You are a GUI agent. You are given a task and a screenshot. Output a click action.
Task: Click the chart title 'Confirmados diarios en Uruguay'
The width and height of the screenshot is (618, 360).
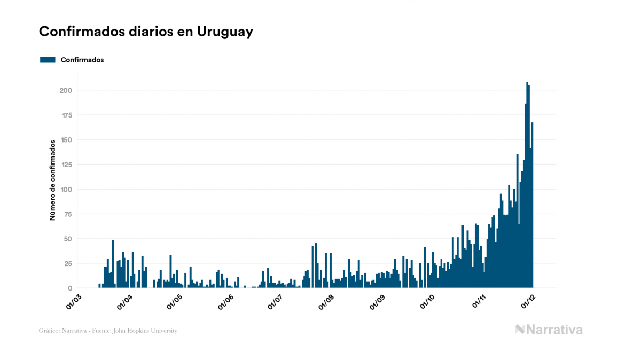(x=146, y=32)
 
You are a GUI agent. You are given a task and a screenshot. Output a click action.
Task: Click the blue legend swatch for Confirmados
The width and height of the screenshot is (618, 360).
(x=48, y=60)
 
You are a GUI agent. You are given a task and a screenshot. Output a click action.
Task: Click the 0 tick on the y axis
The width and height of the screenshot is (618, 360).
(x=70, y=288)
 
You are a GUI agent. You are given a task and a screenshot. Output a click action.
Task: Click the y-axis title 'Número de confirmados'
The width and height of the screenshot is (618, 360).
(x=53, y=181)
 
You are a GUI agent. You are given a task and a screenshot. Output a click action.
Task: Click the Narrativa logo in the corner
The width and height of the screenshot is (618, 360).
(x=549, y=330)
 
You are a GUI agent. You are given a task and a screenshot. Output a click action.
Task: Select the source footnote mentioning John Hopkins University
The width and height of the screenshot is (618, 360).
(x=108, y=331)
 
